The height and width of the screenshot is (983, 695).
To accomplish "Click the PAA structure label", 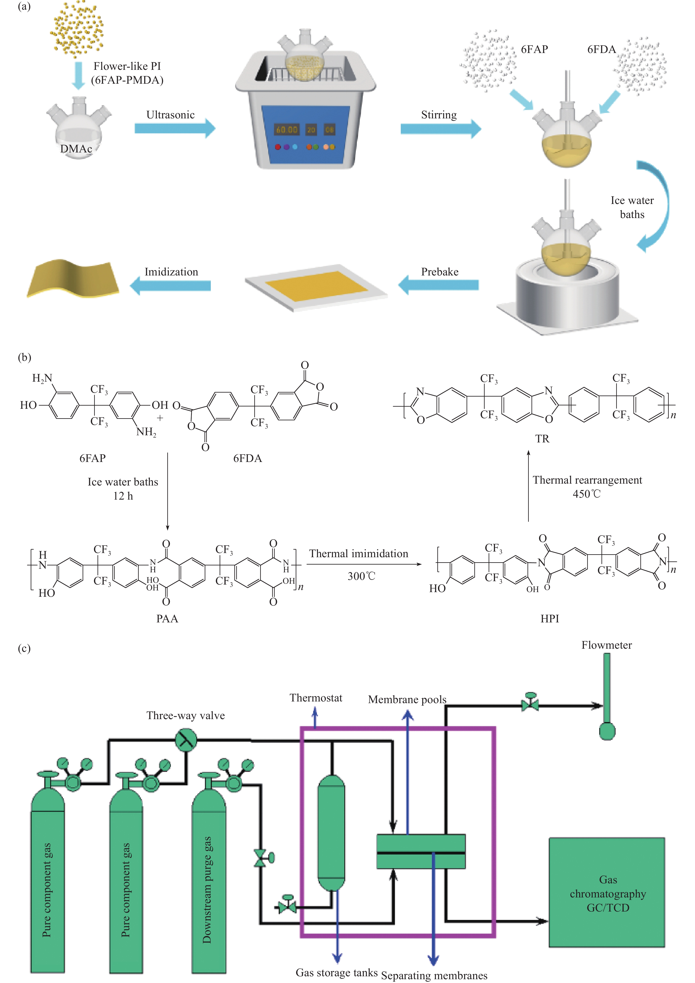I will tap(167, 619).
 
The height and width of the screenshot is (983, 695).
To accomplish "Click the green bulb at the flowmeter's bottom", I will tap(607, 731).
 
